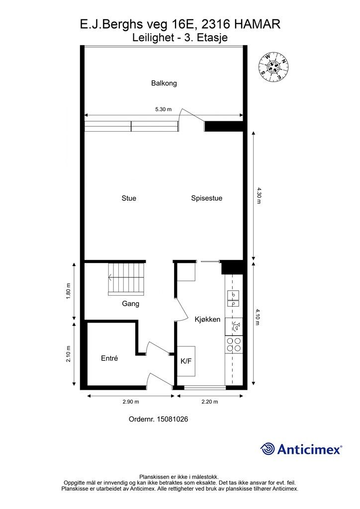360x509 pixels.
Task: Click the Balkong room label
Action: (x=164, y=84)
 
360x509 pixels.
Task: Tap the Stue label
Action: (x=129, y=198)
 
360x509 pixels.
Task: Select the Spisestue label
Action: (x=206, y=198)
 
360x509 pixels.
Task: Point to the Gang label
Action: (x=130, y=304)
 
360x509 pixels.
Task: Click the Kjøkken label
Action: (x=207, y=320)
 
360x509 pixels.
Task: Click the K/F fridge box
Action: (x=186, y=361)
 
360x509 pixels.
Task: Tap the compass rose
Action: (x=272, y=67)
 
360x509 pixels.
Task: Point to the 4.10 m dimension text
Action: (x=259, y=317)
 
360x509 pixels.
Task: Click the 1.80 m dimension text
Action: (x=69, y=291)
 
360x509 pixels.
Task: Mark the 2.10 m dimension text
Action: (x=69, y=354)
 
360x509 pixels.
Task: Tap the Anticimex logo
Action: (x=301, y=449)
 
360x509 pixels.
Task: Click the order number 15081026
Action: (x=158, y=420)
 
